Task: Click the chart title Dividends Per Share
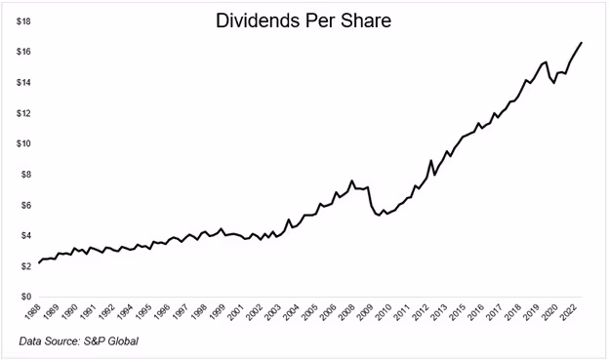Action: tap(304, 20)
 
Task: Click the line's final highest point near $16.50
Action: tap(583, 42)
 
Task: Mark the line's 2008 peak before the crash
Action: tap(351, 180)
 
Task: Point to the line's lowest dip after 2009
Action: tap(379, 214)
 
